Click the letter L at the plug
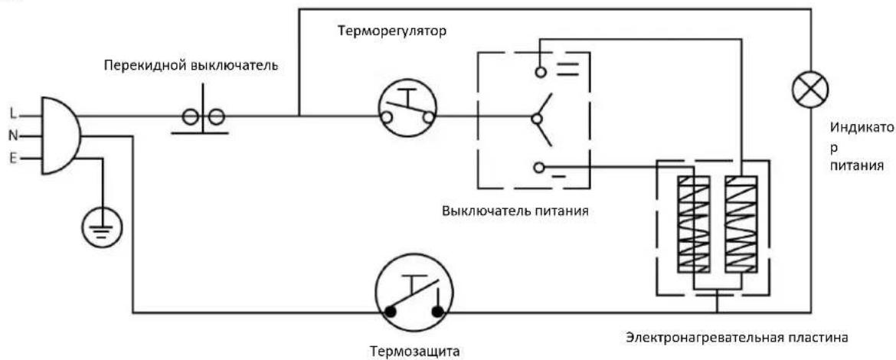13,113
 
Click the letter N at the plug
14,136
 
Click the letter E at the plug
14,159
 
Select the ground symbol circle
103,227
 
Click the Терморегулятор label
391,31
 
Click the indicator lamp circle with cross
810,90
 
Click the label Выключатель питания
515,211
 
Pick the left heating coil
693,224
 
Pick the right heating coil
741,224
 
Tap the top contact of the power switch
539,71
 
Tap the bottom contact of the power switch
538,167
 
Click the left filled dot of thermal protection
391,312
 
